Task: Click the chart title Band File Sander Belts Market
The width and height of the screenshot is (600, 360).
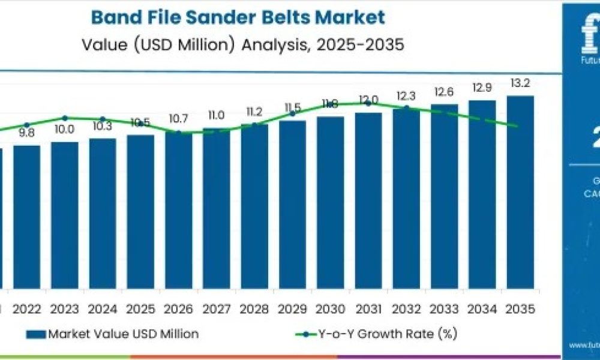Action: point(238,17)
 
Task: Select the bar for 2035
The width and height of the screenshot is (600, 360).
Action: point(520,192)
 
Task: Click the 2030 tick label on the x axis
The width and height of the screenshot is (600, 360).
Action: point(330,309)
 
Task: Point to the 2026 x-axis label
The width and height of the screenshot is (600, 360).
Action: point(178,309)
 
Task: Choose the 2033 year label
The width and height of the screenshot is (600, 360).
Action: point(444,309)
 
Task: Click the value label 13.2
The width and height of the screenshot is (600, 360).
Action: point(520,83)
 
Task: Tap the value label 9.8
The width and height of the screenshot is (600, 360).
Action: point(26,133)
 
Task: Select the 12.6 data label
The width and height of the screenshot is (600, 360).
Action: point(444,92)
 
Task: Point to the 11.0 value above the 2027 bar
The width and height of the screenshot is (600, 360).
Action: point(216,115)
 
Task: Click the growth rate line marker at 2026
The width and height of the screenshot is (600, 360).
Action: point(178,133)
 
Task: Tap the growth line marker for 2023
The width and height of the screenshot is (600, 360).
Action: point(64,118)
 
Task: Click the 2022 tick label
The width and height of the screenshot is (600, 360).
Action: point(26,309)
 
